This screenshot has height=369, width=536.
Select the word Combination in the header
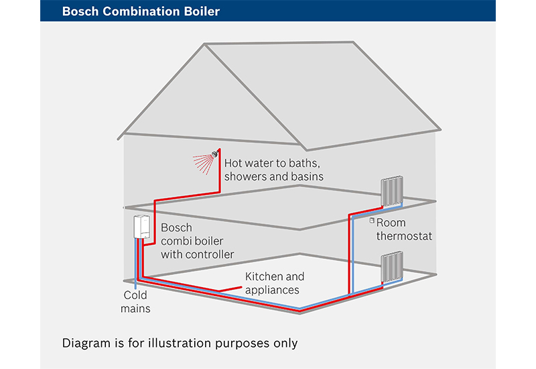click(141, 11)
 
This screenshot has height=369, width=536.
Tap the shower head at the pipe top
click(215, 154)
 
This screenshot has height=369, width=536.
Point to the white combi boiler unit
click(141, 227)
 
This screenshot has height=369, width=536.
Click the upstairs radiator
click(392, 191)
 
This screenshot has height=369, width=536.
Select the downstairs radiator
click(392, 266)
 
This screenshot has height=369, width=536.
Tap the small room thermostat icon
click(372, 221)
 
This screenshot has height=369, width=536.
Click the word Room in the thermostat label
click(391, 223)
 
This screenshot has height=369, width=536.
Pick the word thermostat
click(405, 236)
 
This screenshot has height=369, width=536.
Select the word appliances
click(272, 291)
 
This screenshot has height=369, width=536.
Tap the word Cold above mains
click(135, 295)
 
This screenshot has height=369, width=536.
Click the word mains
click(135, 309)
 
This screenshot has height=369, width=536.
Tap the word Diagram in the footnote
click(86, 343)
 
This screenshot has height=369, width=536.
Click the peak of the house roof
click(205, 44)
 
